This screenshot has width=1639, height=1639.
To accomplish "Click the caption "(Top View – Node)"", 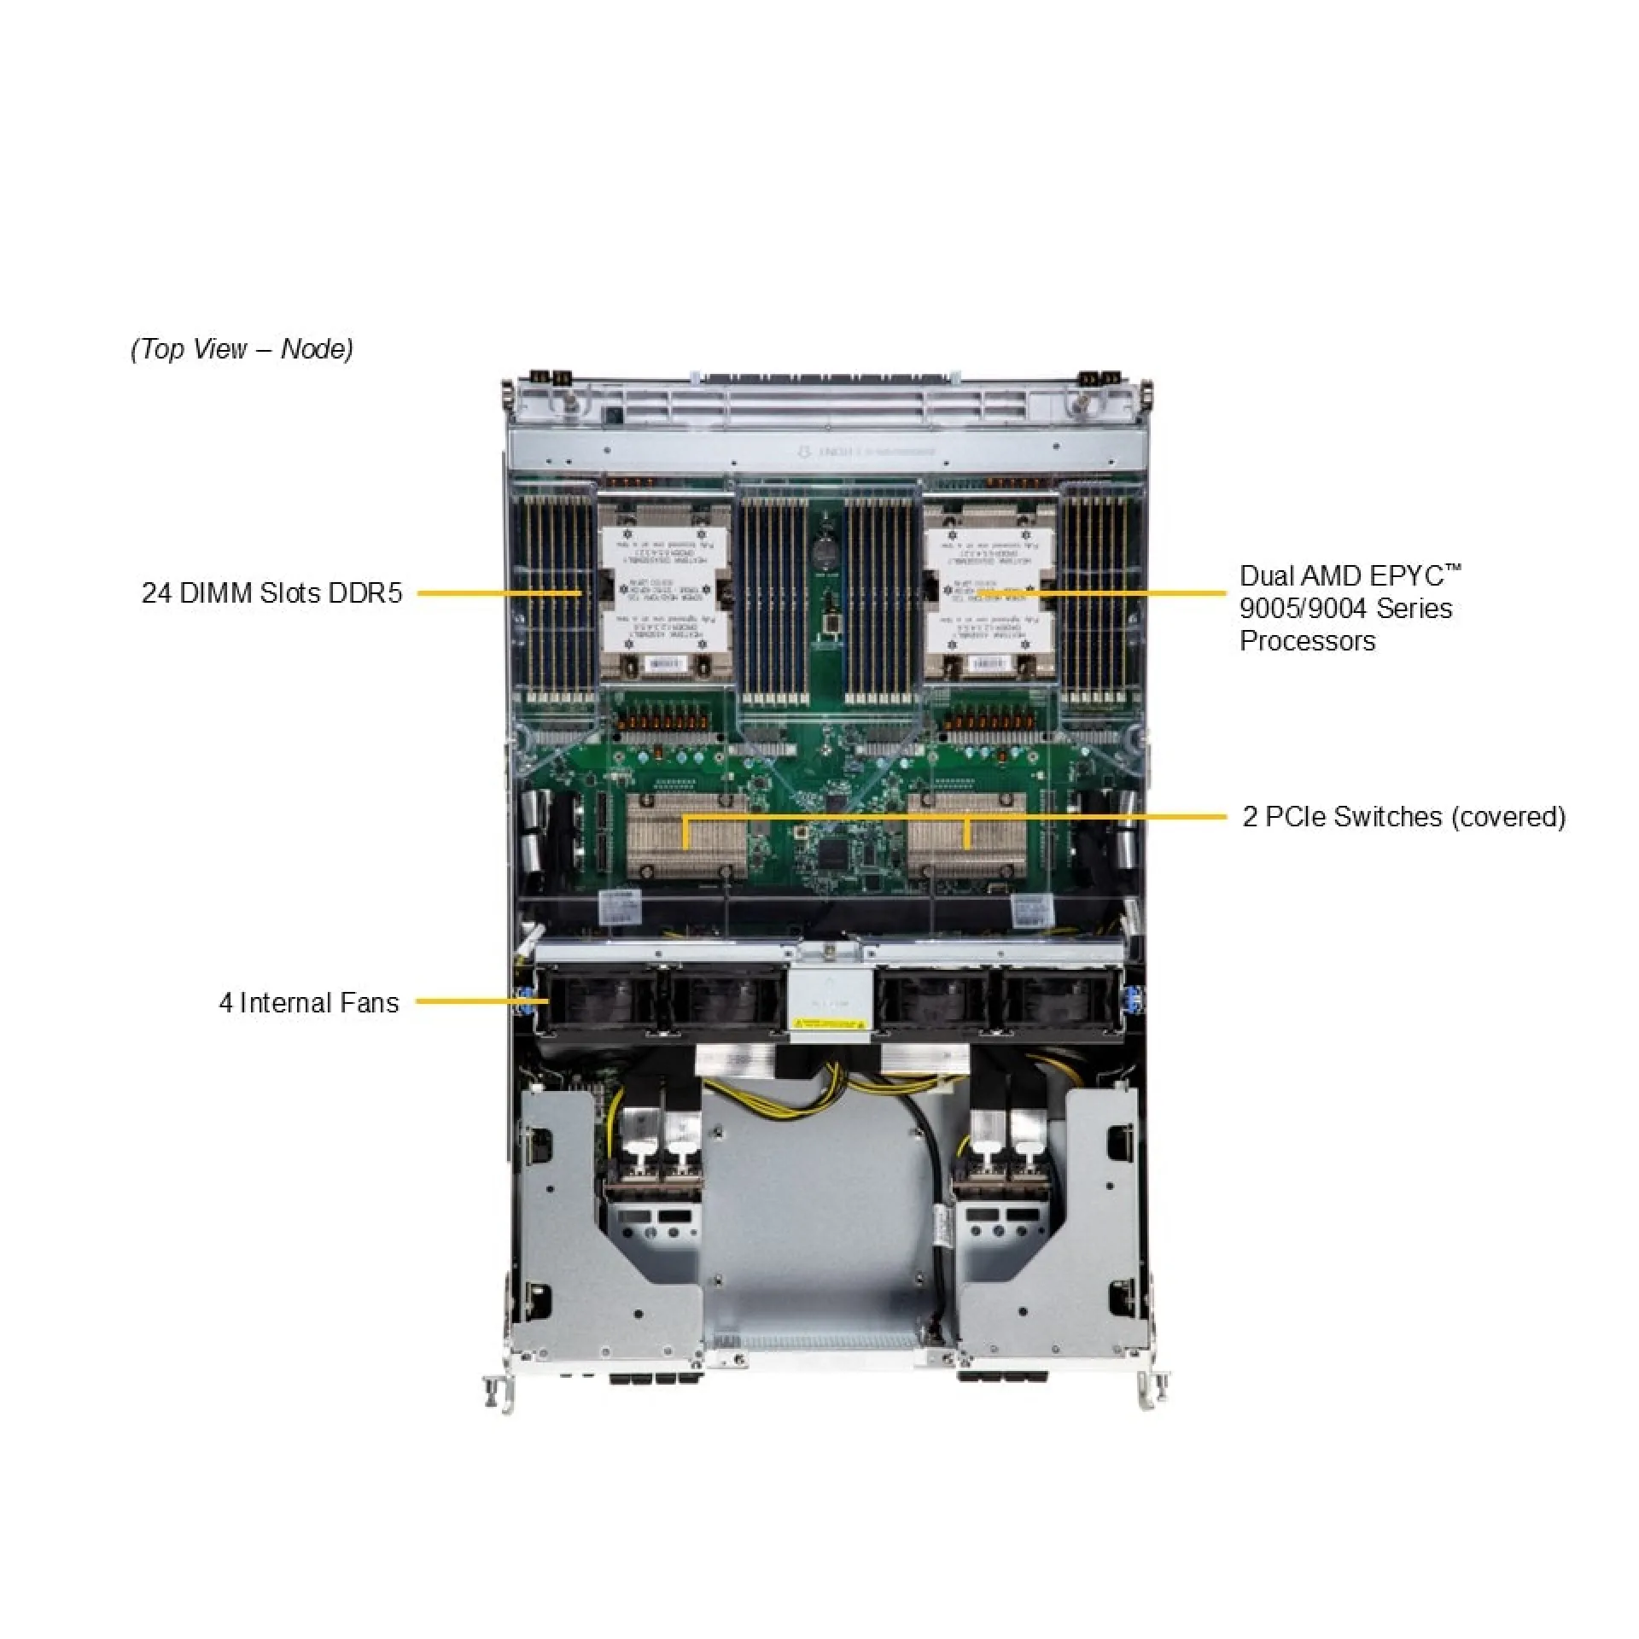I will pos(242,349).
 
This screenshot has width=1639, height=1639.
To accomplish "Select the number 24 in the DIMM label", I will pos(156,592).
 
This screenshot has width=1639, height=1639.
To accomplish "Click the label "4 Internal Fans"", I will pos(308,1002).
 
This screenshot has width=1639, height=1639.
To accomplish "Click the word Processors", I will pos(1307,641).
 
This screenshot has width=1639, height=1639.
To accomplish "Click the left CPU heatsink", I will pos(665,592).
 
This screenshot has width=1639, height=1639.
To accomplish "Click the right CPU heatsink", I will pos(989,592).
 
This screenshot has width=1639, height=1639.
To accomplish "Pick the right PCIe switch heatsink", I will pos(966,836).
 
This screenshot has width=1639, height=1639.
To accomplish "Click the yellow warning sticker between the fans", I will pos(828,1023).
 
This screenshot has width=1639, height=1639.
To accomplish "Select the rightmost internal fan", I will pos(1059,1004).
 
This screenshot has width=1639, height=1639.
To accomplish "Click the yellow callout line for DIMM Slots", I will pos(499,592).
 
